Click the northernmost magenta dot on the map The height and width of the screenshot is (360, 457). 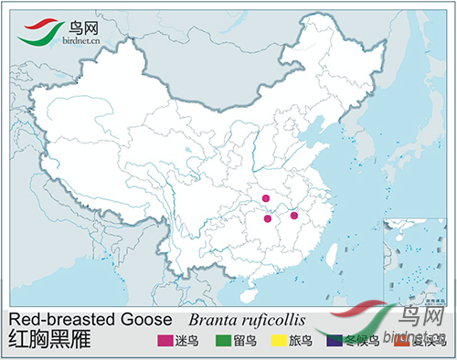(266, 198)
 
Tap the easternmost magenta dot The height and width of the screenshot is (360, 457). (293, 216)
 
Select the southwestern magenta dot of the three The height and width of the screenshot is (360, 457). (267, 218)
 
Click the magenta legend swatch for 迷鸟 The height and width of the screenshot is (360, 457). (165, 342)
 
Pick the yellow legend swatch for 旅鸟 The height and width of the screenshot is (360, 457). (273, 342)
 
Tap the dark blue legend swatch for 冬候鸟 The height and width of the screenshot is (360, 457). (335, 342)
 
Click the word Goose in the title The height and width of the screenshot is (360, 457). (145, 320)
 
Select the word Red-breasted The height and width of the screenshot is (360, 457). (60, 320)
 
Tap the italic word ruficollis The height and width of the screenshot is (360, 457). (273, 321)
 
